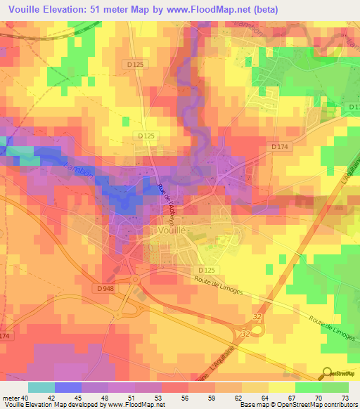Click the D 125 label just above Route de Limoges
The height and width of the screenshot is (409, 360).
[x=206, y=270]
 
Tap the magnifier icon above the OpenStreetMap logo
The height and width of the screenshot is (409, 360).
[x=328, y=372]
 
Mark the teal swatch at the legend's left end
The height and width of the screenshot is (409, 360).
[x=41, y=387]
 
